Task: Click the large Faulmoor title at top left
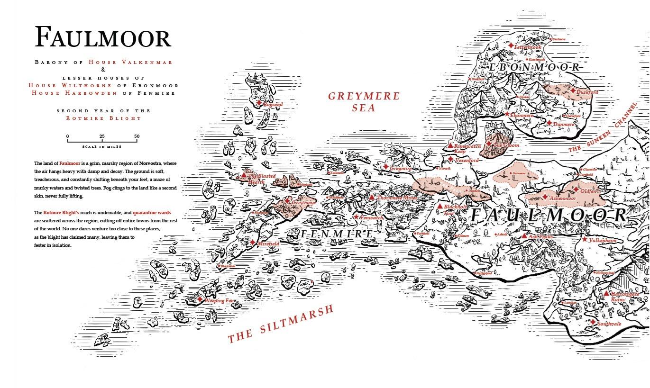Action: (x=102, y=37)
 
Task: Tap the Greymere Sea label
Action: (x=364, y=102)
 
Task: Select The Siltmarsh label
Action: (x=280, y=324)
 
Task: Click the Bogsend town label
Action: (x=273, y=104)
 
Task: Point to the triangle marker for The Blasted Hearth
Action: (x=244, y=175)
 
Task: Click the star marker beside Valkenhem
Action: (x=585, y=240)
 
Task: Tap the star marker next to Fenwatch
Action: (x=357, y=217)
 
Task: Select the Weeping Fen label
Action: (x=220, y=301)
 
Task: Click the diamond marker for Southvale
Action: (x=593, y=322)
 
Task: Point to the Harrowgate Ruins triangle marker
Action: (x=606, y=294)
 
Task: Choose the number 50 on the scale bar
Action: (x=137, y=136)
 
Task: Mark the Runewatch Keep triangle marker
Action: (x=450, y=145)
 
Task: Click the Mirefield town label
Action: (x=268, y=244)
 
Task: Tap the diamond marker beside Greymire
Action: (x=386, y=167)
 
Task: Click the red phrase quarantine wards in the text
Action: (x=152, y=213)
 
